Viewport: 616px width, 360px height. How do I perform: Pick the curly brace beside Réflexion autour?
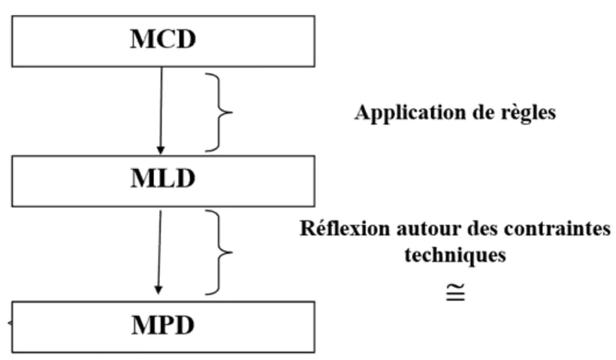[221, 252]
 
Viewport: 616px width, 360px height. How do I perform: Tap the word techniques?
[454, 255]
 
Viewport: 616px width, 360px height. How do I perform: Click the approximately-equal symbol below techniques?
[456, 291]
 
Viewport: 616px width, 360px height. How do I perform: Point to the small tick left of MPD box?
[10, 323]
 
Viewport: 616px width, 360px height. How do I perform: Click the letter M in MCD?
[137, 39]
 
